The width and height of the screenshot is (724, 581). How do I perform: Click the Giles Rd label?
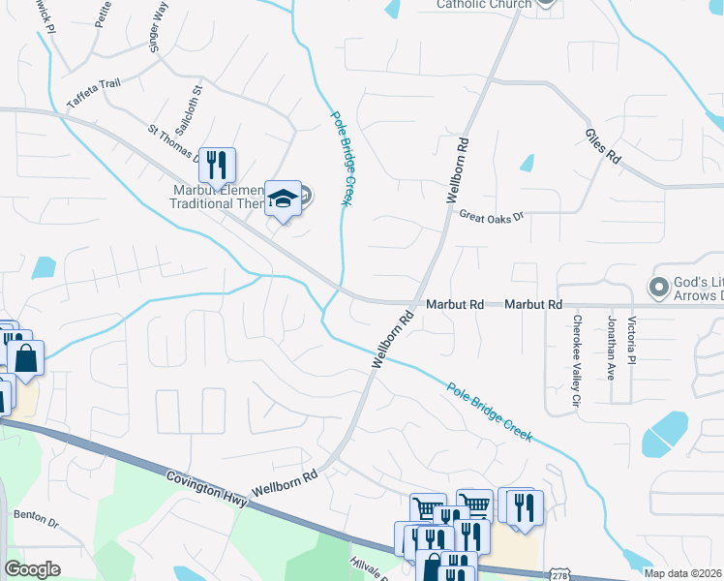[x=602, y=146]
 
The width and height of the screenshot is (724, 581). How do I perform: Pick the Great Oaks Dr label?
[x=491, y=216]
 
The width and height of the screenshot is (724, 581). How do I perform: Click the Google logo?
[x=32, y=569]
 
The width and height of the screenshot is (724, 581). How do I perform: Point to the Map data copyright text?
[x=683, y=573]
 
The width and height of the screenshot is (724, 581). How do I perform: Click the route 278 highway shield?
[x=559, y=573]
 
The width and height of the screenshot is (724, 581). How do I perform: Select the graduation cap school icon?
[x=284, y=199]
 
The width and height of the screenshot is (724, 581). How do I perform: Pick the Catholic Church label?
[x=484, y=5]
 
